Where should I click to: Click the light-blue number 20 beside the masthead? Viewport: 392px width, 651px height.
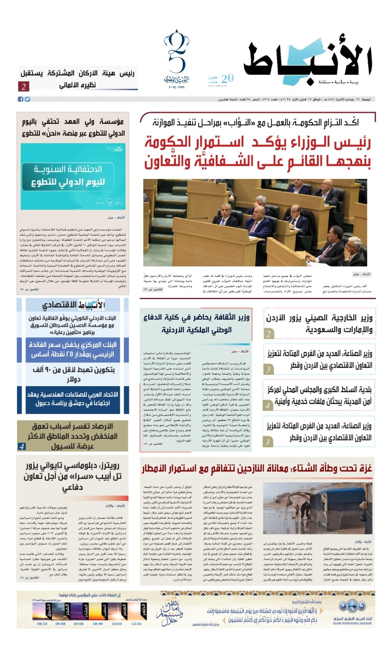click(x=227, y=78)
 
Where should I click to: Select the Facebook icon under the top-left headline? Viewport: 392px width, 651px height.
click(x=21, y=99)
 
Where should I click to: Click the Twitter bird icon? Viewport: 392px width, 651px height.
click(x=27, y=99)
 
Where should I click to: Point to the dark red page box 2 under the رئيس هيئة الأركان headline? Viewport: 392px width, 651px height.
click(x=24, y=86)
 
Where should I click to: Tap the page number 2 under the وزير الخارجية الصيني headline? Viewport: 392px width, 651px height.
click(x=269, y=334)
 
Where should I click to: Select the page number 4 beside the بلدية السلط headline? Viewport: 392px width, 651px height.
click(x=267, y=406)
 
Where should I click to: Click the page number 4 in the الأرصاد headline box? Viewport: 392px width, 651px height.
click(x=22, y=446)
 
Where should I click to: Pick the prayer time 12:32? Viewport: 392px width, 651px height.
click(x=136, y=623)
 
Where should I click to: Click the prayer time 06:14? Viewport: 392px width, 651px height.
click(x=42, y=623)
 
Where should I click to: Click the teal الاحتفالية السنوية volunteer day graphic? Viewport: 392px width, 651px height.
click(x=73, y=176)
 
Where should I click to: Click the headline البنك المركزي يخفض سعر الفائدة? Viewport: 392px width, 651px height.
click(x=73, y=350)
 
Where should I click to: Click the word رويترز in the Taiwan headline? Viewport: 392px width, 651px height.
click(x=108, y=465)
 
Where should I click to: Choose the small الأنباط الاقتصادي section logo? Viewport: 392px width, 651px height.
click(x=73, y=305)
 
